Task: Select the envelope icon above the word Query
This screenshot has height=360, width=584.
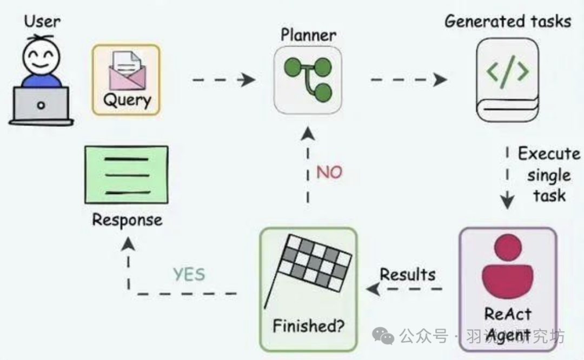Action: click(x=126, y=70)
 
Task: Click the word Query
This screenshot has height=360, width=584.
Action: click(x=127, y=99)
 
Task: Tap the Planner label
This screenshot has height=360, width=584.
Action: click(x=308, y=36)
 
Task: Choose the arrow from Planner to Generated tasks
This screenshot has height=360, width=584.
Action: click(x=409, y=80)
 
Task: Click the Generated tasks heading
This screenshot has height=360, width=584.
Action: click(x=508, y=22)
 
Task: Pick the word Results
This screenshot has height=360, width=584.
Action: click(x=407, y=274)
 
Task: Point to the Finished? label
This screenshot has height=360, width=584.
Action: click(x=309, y=326)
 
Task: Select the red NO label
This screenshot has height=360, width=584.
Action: click(x=329, y=173)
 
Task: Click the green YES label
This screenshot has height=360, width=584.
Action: click(x=189, y=275)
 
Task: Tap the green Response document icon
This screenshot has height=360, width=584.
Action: click(x=127, y=175)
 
